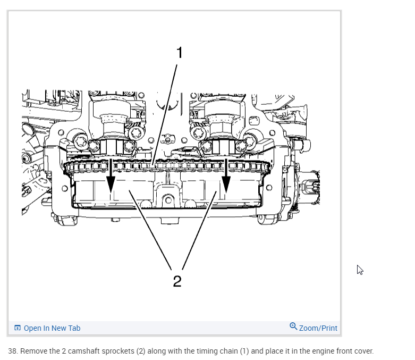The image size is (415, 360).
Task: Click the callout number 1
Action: (x=179, y=53)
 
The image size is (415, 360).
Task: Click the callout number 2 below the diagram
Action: (x=177, y=281)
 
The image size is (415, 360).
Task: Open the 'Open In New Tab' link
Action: (x=52, y=328)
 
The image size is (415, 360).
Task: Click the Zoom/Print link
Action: (x=318, y=328)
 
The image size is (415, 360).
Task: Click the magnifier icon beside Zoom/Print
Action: (x=293, y=326)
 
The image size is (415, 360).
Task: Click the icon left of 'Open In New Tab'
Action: (x=18, y=328)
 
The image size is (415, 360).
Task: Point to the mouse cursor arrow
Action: (x=360, y=270)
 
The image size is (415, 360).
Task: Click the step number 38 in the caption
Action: (x=12, y=351)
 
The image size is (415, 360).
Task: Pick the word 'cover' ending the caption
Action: (x=363, y=351)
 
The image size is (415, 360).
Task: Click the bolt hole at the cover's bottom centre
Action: (x=168, y=200)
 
